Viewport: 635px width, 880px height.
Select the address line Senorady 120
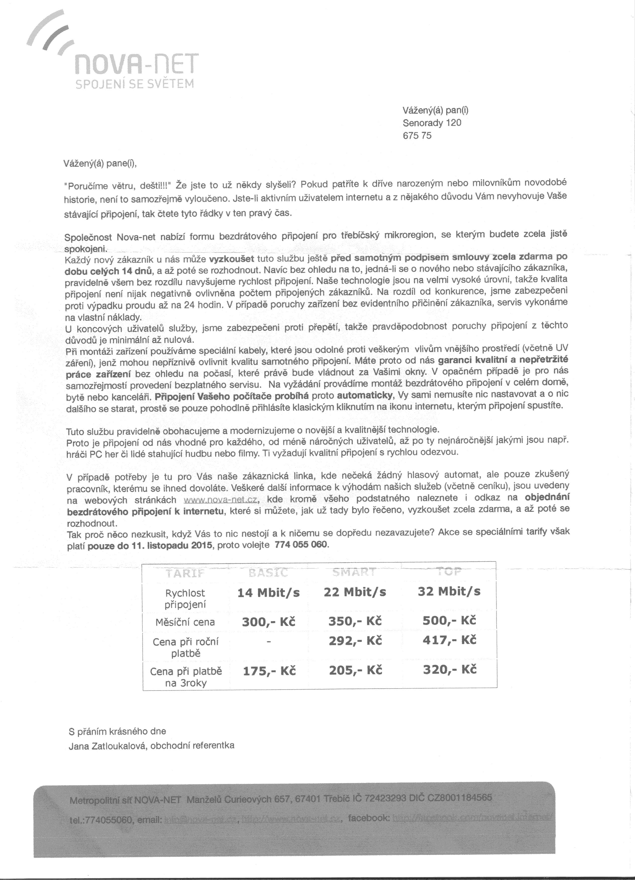(x=432, y=123)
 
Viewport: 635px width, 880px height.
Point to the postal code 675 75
(x=417, y=136)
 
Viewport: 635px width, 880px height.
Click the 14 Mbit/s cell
(x=268, y=593)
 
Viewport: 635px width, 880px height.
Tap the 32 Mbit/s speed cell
(x=449, y=591)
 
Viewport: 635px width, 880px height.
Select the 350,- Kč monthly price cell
(x=355, y=621)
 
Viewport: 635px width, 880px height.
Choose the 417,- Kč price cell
(x=449, y=640)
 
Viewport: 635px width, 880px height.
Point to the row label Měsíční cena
(x=185, y=622)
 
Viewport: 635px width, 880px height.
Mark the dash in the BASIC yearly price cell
(x=268, y=642)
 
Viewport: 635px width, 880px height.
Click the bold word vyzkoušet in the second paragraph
(x=232, y=259)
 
